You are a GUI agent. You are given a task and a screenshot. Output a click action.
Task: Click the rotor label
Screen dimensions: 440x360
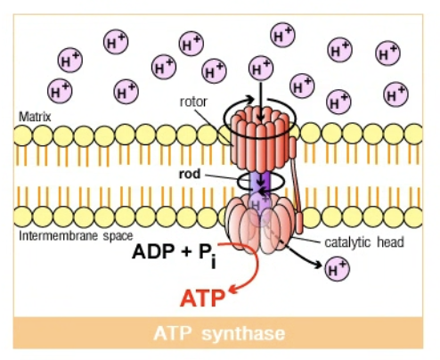click(193, 102)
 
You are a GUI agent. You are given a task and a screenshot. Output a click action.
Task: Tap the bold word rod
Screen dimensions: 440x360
click(190, 174)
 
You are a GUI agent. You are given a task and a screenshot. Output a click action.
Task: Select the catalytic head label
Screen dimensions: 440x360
click(364, 242)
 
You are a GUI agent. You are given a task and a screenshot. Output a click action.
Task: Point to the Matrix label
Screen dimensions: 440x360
click(35, 117)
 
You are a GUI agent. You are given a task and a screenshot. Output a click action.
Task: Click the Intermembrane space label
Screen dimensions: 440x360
click(76, 236)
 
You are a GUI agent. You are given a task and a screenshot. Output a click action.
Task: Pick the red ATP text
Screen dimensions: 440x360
click(202, 299)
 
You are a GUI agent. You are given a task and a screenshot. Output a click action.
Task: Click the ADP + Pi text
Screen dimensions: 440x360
click(175, 254)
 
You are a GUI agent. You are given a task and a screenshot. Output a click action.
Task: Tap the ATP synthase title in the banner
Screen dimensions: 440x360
click(219, 333)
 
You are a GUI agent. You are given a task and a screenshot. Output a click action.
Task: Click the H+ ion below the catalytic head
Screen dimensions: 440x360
click(338, 269)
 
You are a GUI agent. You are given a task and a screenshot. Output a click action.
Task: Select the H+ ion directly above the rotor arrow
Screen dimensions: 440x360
click(261, 69)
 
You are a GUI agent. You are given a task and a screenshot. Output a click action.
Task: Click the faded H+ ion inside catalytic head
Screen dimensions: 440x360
click(258, 206)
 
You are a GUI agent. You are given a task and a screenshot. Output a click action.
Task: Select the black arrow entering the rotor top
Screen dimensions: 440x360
click(261, 101)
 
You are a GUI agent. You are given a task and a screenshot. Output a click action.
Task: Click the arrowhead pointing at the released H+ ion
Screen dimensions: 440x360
click(318, 264)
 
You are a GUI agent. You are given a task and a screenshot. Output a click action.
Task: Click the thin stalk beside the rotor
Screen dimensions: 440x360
click(296, 184)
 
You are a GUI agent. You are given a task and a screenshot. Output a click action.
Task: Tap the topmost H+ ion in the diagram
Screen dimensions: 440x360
click(282, 35)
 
